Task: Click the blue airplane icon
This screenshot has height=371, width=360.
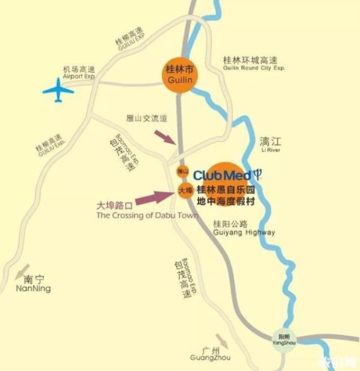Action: (x=58, y=92)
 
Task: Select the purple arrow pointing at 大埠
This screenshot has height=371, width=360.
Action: (x=155, y=196)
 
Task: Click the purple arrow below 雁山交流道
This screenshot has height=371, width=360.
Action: (x=165, y=136)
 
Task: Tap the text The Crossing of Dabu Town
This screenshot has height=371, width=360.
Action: (x=147, y=216)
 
